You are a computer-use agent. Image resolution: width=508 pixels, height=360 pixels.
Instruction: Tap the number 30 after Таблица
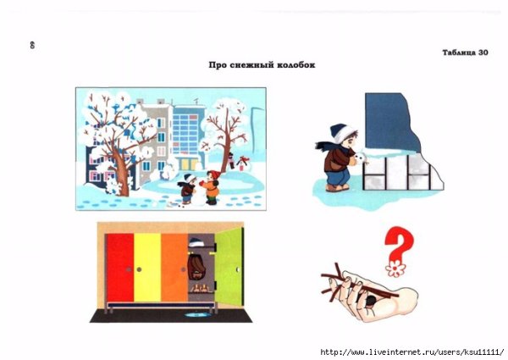tap(483, 53)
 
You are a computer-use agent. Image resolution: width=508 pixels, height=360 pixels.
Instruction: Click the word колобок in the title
tap(296, 65)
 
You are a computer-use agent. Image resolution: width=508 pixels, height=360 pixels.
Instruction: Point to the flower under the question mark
tap(395, 269)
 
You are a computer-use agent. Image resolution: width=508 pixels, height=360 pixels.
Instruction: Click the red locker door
tap(119, 268)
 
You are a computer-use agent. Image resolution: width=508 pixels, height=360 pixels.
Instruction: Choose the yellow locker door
tap(147, 268)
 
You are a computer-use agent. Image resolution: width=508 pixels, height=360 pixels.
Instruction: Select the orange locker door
tap(174, 268)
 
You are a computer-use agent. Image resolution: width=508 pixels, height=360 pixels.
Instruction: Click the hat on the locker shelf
tap(196, 242)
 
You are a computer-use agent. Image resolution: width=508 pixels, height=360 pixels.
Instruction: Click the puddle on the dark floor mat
tap(197, 314)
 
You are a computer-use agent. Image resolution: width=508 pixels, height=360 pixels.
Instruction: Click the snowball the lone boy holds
tap(361, 158)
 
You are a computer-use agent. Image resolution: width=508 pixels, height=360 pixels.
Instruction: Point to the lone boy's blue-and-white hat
tap(342, 132)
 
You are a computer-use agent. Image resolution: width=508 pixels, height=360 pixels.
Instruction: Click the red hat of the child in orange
tap(214, 174)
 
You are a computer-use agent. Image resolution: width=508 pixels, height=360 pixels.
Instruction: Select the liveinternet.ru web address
tap(412, 352)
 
